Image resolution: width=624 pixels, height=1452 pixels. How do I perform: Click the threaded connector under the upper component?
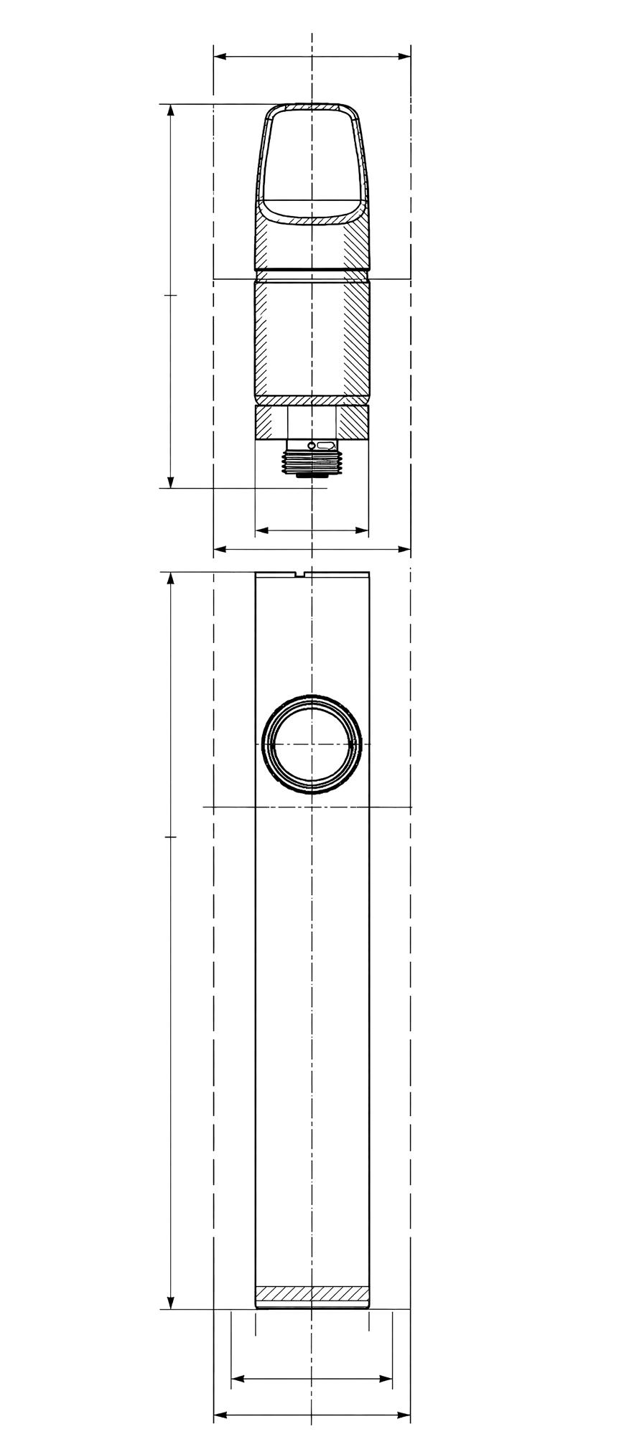pyautogui.click(x=311, y=460)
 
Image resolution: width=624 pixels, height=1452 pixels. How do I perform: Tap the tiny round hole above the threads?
pyautogui.click(x=311, y=446)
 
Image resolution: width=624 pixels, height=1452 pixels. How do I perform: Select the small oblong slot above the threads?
pyautogui.click(x=326, y=446)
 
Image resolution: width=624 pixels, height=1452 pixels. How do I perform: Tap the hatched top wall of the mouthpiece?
pyautogui.click(x=312, y=108)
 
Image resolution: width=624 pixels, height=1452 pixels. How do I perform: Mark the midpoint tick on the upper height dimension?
pyautogui.click(x=170, y=295)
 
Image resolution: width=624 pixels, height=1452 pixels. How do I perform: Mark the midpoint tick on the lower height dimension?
pyautogui.click(x=170, y=837)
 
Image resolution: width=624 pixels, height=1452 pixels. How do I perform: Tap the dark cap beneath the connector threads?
pyautogui.click(x=311, y=474)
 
